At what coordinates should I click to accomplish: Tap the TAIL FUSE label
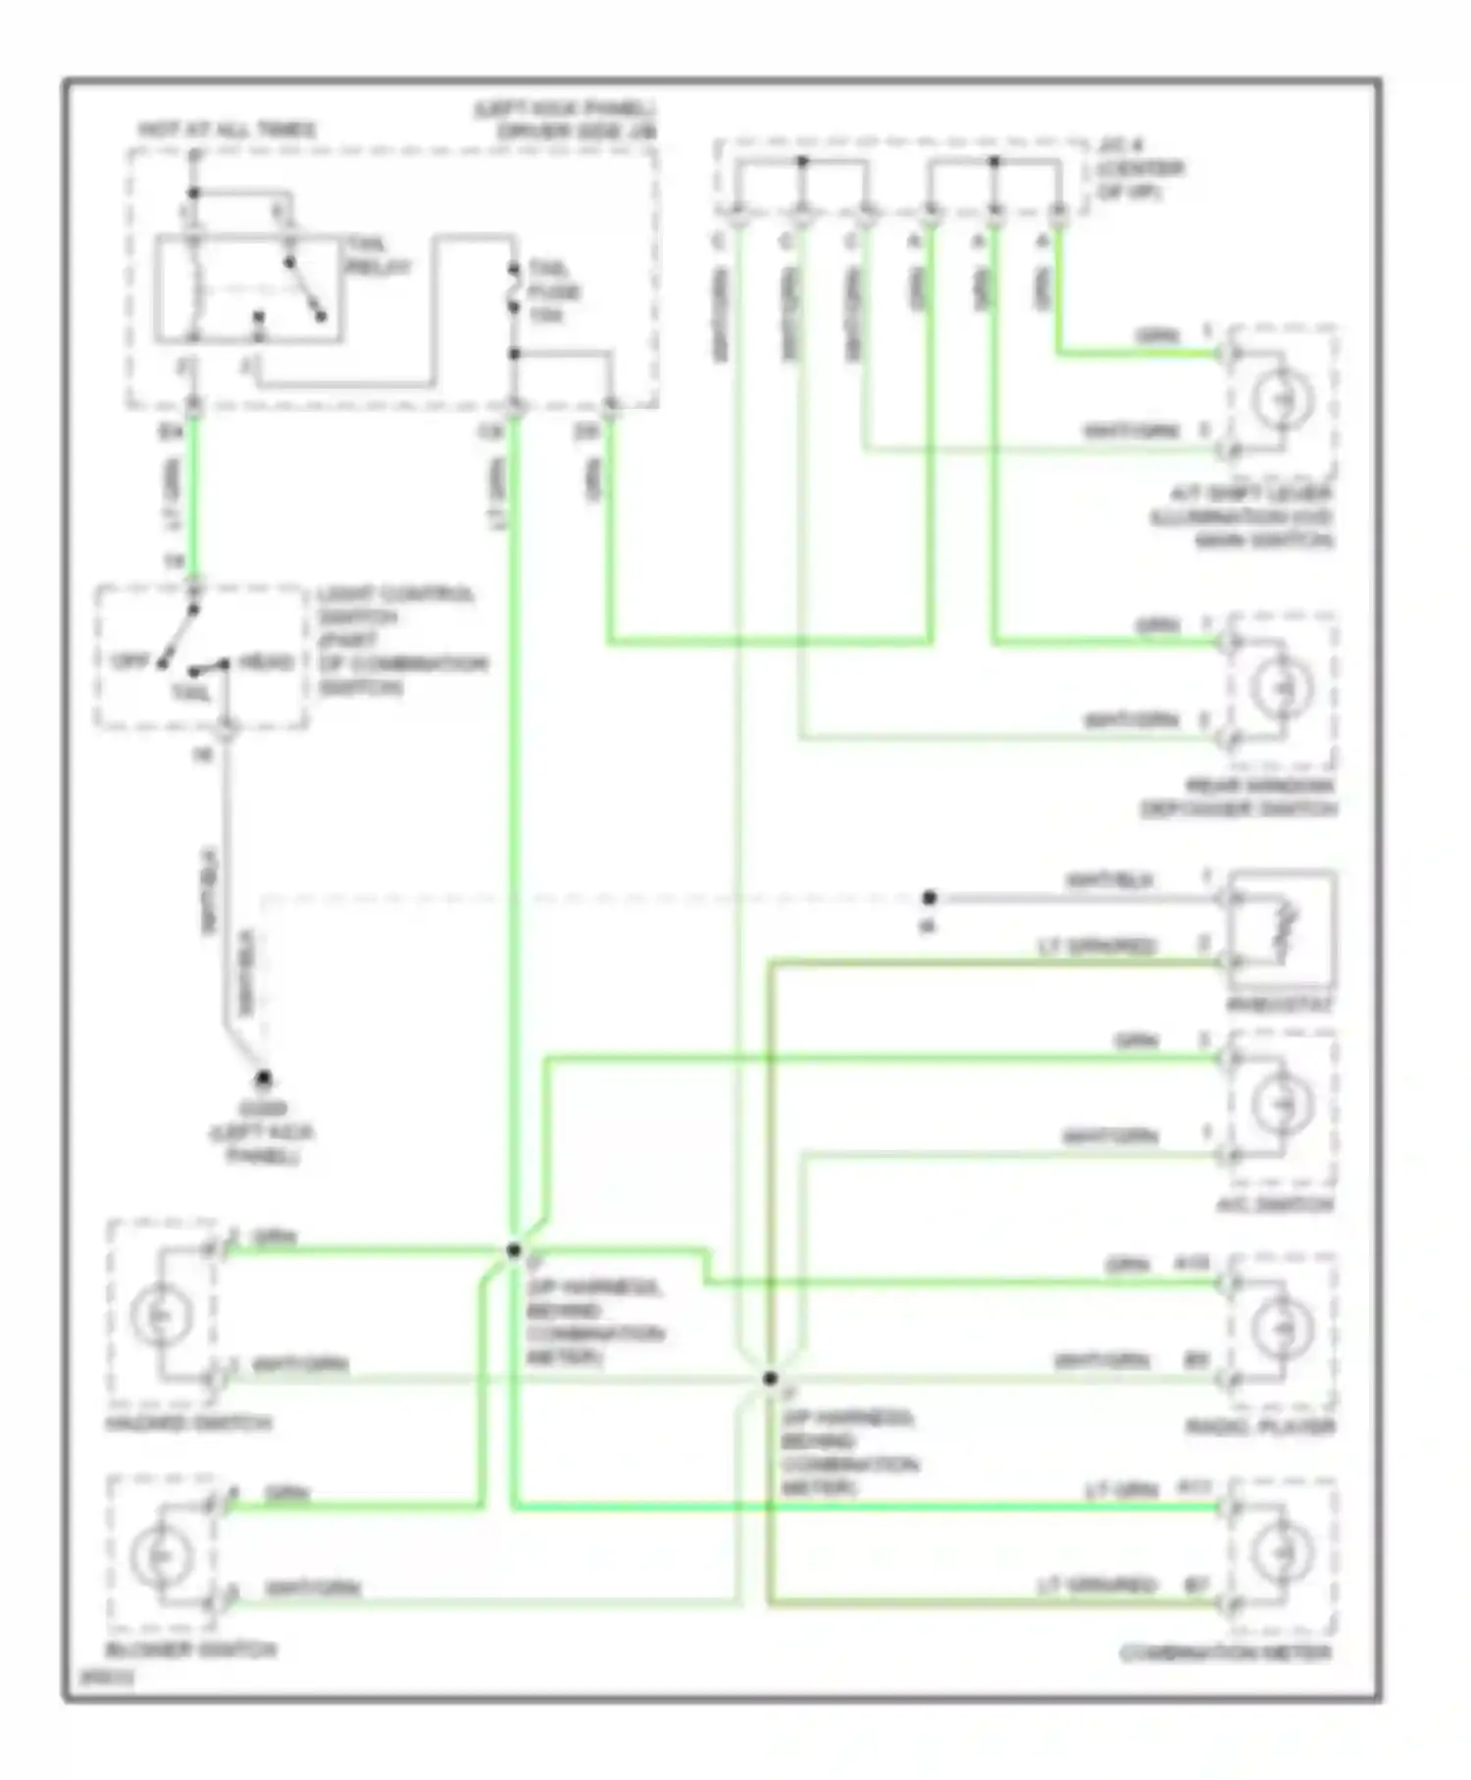click(554, 291)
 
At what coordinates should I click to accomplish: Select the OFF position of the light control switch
click(130, 661)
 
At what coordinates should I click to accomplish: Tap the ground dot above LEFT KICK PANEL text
click(263, 1079)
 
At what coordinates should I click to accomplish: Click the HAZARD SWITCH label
click(188, 1423)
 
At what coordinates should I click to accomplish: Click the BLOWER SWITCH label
click(192, 1649)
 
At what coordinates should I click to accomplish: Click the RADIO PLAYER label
click(1261, 1427)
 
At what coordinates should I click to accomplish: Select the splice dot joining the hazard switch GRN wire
click(513, 1250)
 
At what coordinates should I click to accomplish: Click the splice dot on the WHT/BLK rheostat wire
click(929, 897)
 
